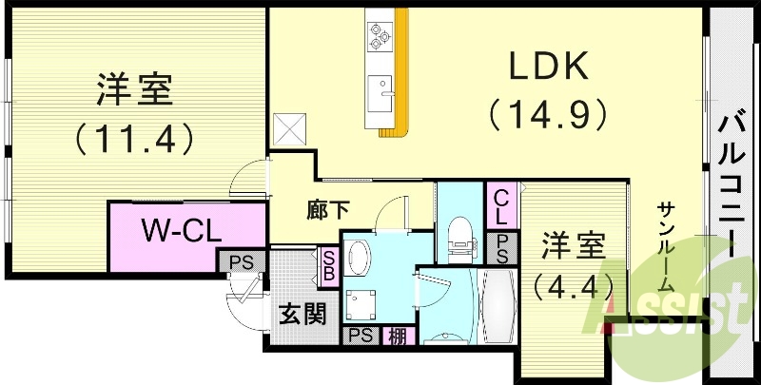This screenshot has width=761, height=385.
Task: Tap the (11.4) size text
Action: click(x=134, y=139)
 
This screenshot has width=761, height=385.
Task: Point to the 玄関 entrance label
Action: click(x=302, y=315)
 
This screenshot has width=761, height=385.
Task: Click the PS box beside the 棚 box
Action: click(x=359, y=335)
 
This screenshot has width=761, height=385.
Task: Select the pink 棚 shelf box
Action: click(x=395, y=335)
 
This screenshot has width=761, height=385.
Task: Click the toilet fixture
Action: click(x=458, y=238)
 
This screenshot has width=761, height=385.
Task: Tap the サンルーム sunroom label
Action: click(x=666, y=246)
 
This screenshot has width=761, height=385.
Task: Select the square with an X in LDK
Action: click(x=288, y=127)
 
